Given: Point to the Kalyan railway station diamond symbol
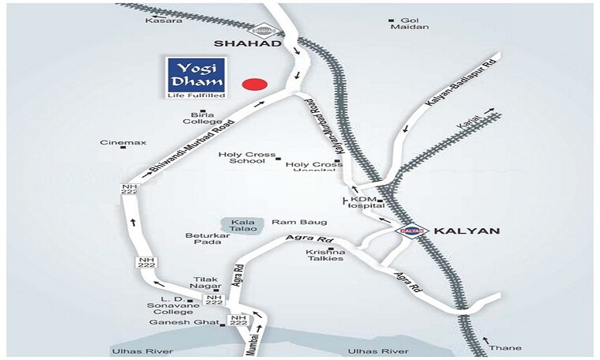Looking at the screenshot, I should (x=407, y=231).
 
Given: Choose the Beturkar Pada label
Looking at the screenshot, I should (x=207, y=240).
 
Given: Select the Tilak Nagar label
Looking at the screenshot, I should (x=207, y=283).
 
